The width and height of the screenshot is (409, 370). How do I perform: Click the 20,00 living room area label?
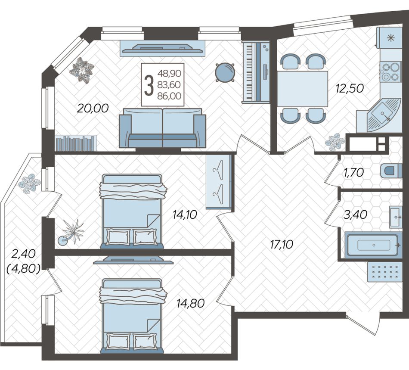93,108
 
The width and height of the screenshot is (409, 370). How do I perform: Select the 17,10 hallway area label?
282,245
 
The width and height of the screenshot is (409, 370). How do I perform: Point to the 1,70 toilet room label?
354,172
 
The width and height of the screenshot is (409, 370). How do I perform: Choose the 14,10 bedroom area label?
185,215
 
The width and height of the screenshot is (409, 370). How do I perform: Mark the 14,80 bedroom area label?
190,303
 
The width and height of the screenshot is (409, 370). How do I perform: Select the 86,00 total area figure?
169,96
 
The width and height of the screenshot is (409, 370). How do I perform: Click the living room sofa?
162,128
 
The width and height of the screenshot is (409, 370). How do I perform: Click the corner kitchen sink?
384,115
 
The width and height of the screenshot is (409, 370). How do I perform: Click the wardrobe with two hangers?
219,182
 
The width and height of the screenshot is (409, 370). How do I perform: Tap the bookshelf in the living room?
76,143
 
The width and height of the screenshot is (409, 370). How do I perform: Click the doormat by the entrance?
384,272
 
